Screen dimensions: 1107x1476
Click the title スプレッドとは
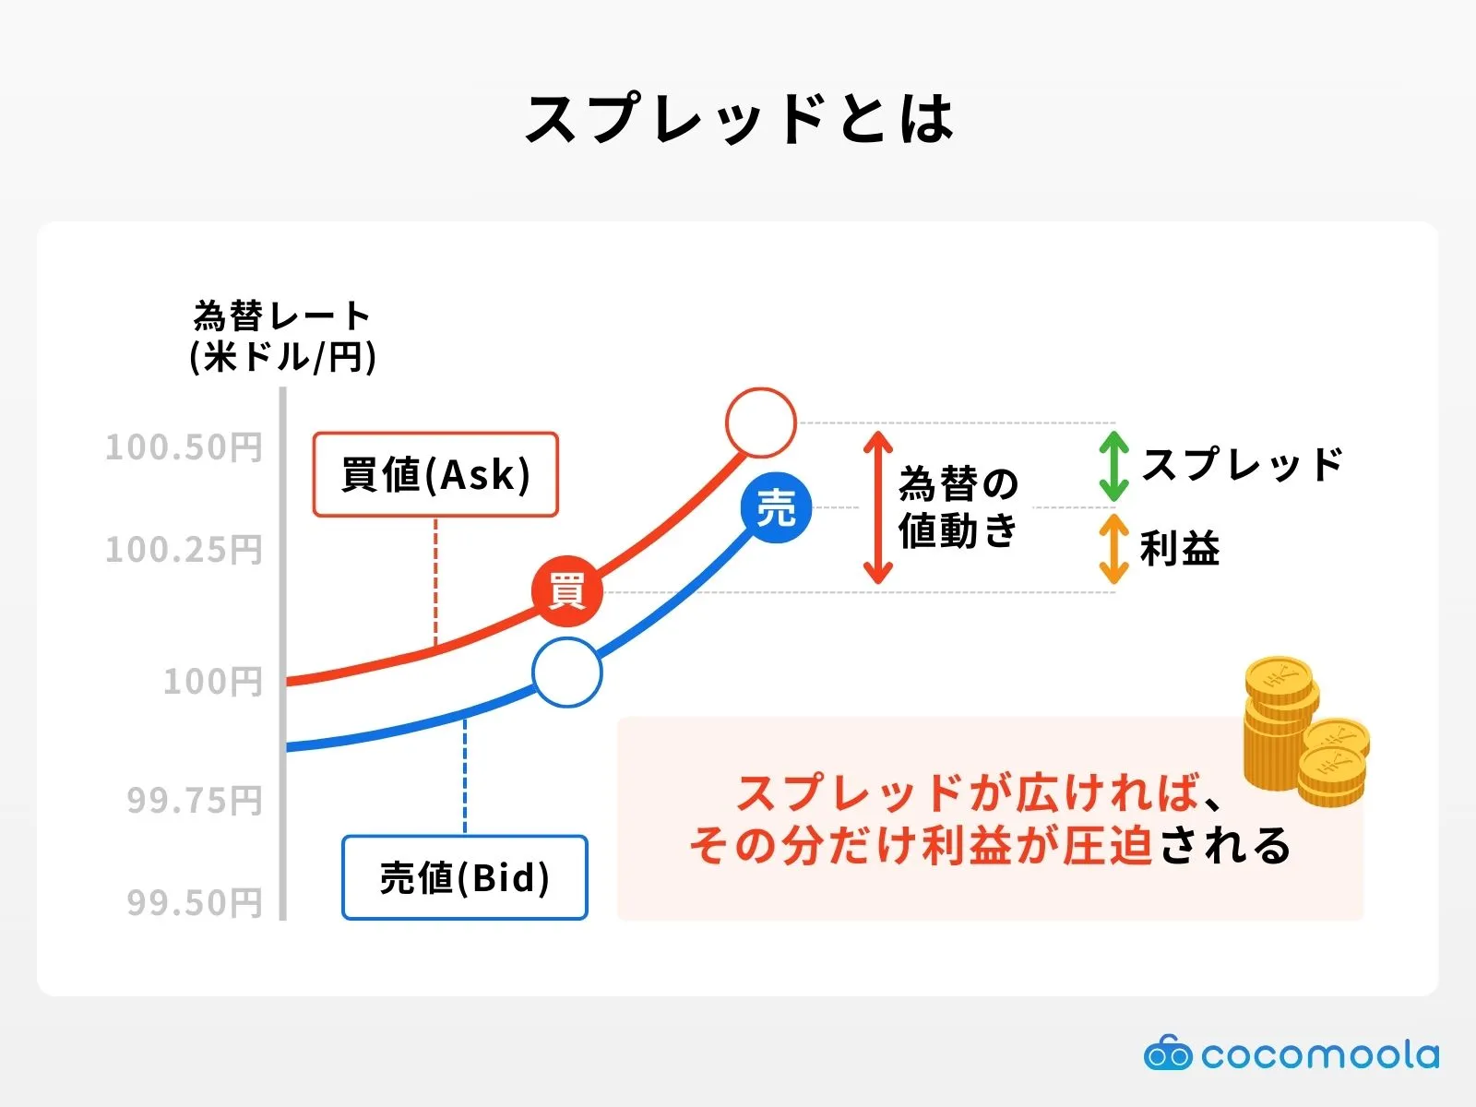(738, 120)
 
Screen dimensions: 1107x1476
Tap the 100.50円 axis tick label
(184, 447)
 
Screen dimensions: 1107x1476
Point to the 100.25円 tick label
(184, 550)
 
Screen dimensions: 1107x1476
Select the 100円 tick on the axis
(212, 682)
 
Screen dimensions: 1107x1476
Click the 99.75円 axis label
(194, 800)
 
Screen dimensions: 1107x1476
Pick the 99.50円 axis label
(194, 902)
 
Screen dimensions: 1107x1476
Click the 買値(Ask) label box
(435, 474)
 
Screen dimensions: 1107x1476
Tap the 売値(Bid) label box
(465, 877)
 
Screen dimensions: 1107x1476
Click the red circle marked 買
(566, 591)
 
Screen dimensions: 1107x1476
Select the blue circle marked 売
(776, 507)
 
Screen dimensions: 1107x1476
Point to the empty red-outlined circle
(760, 423)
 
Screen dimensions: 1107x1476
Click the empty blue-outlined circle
(566, 673)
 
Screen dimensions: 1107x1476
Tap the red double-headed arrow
(878, 507)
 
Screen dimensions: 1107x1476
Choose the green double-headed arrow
(1113, 466)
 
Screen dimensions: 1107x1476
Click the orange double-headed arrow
(1113, 549)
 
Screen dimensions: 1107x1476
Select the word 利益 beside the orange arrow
(1180, 549)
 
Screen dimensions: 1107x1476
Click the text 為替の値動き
(958, 507)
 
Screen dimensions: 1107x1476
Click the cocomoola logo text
(1319, 1054)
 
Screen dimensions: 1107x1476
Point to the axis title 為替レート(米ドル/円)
(282, 337)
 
